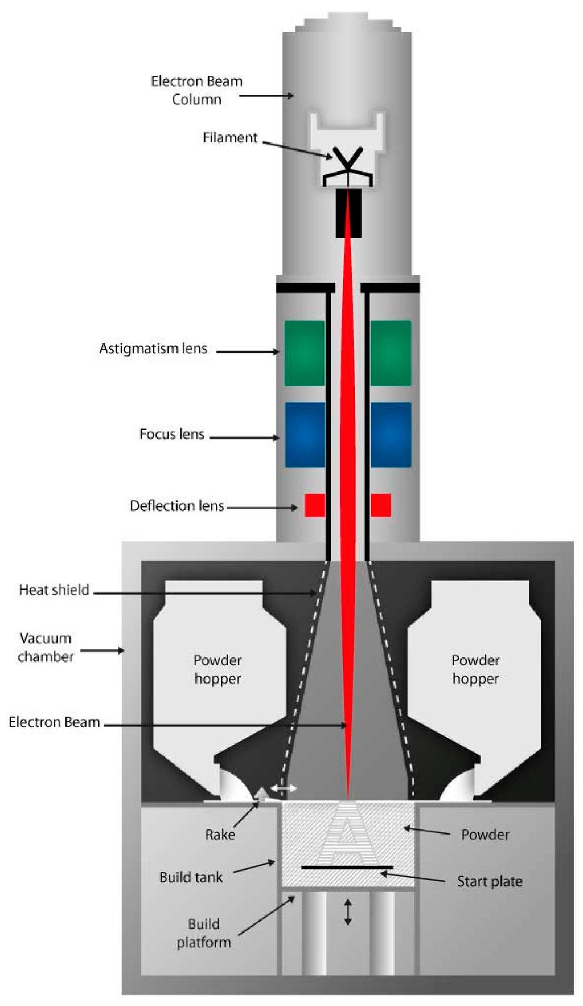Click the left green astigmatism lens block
[x=305, y=353]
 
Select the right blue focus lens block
[x=391, y=435]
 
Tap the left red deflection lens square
[x=314, y=505]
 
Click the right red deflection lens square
[x=380, y=505]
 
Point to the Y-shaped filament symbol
[x=347, y=162]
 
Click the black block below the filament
[x=348, y=213]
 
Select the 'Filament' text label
[x=230, y=138]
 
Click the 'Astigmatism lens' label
[x=153, y=349]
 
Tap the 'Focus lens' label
[x=172, y=434]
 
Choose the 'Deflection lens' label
[x=177, y=506]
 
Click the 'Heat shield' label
[x=54, y=590]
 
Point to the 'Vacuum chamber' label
[x=46, y=647]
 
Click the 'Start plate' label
[x=490, y=881]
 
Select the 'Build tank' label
[x=191, y=877]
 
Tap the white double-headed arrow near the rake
[x=284, y=788]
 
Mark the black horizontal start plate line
[x=347, y=868]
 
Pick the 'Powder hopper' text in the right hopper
[x=475, y=669]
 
